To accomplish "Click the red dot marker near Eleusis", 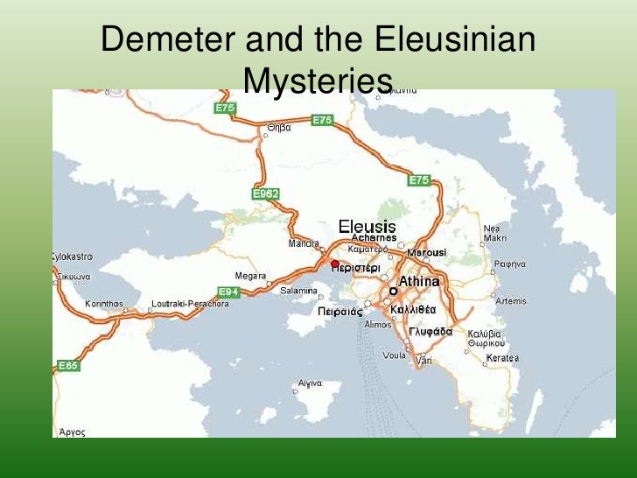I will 334,263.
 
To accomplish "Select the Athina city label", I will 419,282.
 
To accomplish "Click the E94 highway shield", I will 228,292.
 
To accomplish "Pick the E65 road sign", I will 68,365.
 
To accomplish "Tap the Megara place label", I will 251,276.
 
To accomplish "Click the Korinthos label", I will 104,304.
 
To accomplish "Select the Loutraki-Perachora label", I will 190,304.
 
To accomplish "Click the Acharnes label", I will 374,238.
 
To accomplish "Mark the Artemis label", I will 511,301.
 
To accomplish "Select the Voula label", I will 395,356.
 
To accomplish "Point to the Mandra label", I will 304,243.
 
